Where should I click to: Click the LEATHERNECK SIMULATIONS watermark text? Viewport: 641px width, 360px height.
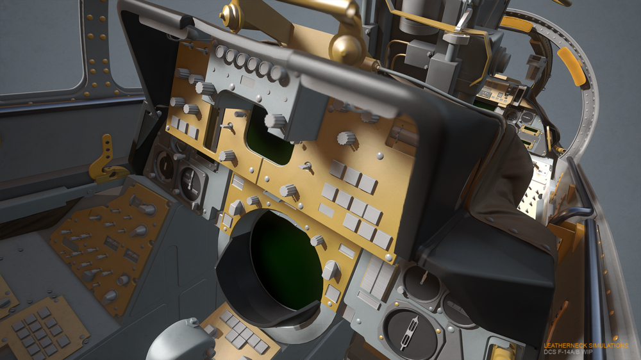(x=585, y=346)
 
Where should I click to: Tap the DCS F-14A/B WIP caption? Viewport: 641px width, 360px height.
(x=568, y=352)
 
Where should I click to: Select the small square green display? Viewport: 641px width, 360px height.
(x=269, y=139)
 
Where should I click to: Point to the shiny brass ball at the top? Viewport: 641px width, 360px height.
(x=347, y=49)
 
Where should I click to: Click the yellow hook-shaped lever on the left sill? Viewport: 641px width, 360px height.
(x=104, y=161)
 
